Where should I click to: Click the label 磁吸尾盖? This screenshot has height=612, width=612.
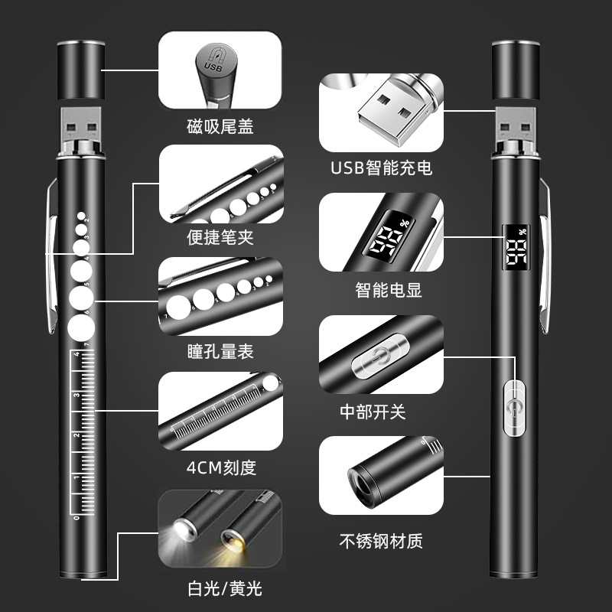[x=220, y=125]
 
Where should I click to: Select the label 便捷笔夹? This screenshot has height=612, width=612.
[x=220, y=237]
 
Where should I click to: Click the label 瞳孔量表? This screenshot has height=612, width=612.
[x=220, y=352]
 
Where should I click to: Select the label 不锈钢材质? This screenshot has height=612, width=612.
[x=380, y=541]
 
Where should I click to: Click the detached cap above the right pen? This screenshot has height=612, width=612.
[x=513, y=70]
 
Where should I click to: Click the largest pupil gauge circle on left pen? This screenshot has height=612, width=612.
[x=80, y=327]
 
